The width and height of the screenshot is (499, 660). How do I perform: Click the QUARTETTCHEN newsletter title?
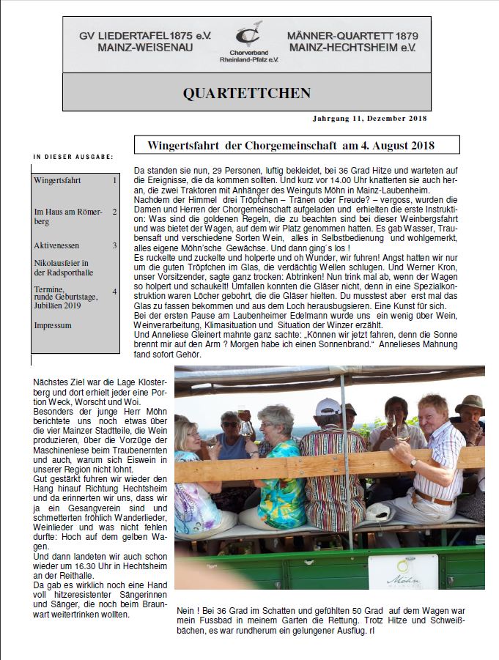[x=246, y=93]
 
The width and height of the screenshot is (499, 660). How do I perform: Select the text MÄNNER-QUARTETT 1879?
[x=352, y=36]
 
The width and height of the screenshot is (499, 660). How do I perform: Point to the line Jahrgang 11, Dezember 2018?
[x=365, y=119]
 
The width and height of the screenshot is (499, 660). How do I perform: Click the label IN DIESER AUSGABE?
[x=73, y=157]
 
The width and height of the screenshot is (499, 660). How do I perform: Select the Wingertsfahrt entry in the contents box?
[x=57, y=180]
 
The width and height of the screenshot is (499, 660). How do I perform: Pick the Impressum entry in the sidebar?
[x=53, y=325]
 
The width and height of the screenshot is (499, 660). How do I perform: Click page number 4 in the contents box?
[x=114, y=292]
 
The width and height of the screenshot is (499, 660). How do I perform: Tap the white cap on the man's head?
[x=328, y=406]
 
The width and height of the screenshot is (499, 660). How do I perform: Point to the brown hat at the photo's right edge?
[x=470, y=404]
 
